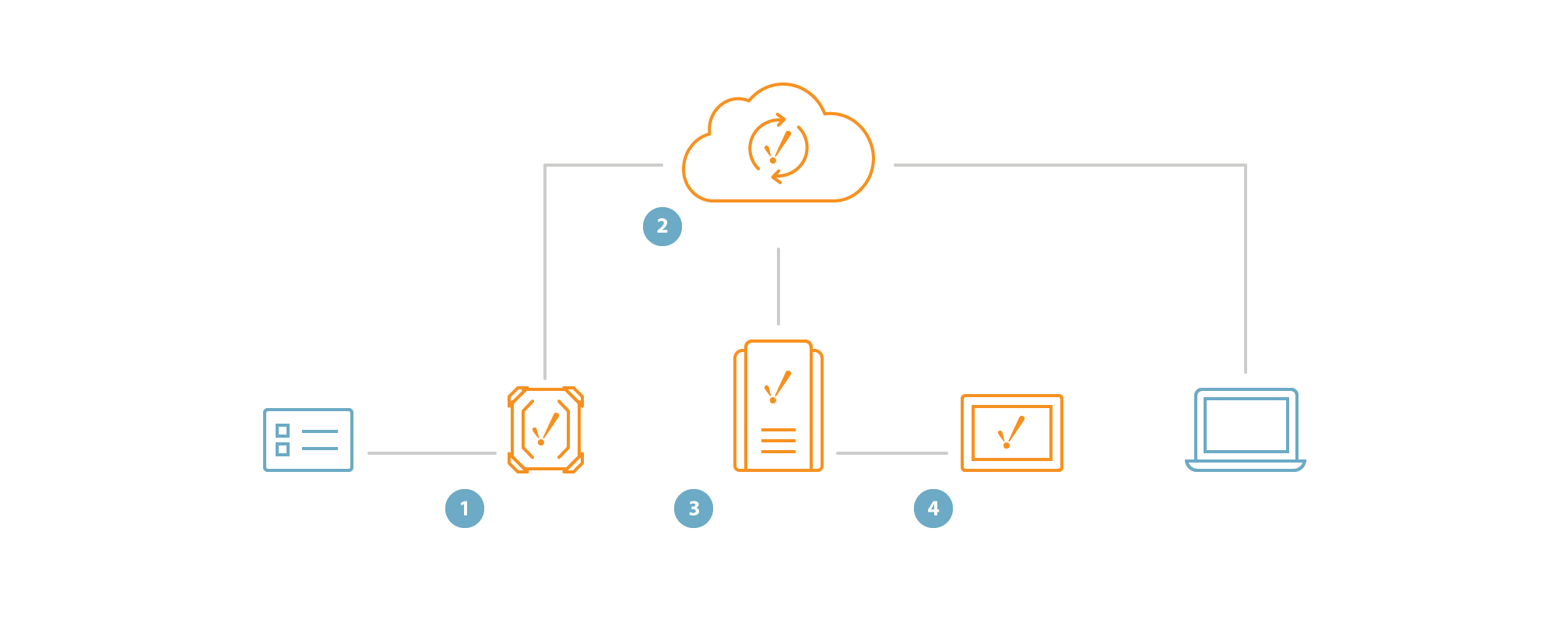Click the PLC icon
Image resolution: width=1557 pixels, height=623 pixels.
click(x=308, y=440)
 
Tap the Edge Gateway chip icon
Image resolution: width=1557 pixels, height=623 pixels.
click(x=546, y=430)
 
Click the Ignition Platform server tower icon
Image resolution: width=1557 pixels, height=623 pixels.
click(x=778, y=407)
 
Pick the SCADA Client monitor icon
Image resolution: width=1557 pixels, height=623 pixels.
click(x=1011, y=433)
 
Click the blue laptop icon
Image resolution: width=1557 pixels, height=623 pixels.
click(x=1246, y=430)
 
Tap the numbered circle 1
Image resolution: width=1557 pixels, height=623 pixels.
click(x=465, y=509)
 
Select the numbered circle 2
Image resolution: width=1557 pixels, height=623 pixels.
click(x=663, y=227)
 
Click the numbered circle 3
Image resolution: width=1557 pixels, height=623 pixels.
click(x=694, y=509)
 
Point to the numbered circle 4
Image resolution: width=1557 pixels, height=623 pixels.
click(x=933, y=509)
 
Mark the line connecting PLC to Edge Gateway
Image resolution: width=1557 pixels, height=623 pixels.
click(x=432, y=452)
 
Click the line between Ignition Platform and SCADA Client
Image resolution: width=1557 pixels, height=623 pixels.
click(x=892, y=452)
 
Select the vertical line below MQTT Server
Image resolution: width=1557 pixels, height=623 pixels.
click(x=778, y=287)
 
